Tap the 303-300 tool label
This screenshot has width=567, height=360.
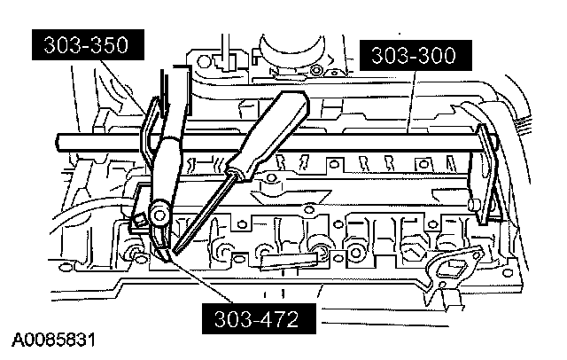point(414,57)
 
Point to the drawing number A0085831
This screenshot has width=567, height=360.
point(54,340)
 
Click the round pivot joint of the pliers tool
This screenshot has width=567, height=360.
point(160,212)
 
